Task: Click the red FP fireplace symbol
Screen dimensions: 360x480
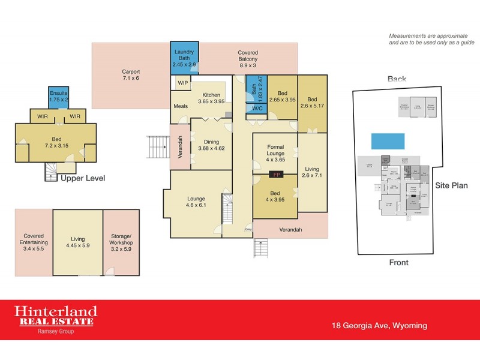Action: pos(277,175)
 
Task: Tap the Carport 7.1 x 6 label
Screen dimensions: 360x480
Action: pos(131,75)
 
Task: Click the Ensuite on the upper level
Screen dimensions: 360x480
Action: pos(58,97)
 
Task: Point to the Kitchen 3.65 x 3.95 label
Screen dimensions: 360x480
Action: pos(211,99)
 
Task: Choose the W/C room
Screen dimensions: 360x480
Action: pos(257,109)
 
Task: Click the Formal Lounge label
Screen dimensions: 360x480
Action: pos(275,151)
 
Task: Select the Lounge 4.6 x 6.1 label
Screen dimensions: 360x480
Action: pos(196,202)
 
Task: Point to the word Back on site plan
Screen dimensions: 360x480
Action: pos(397,79)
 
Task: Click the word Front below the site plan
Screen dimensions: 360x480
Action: pos(398,262)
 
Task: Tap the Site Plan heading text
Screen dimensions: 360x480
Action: pos(451,186)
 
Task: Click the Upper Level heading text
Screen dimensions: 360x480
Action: pos(83,179)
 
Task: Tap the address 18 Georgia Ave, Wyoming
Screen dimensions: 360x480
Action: pos(379,326)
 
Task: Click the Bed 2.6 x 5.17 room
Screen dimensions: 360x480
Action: pos(313,103)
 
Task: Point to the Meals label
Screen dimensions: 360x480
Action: pos(181,106)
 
